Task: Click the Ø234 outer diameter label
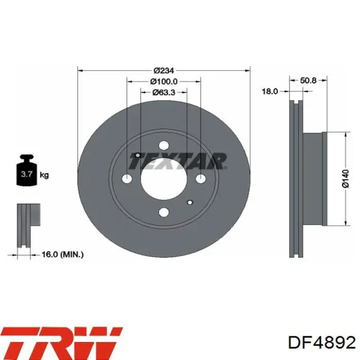(164, 70)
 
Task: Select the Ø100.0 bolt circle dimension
(164, 81)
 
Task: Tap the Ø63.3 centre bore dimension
(164, 92)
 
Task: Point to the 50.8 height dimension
(308, 80)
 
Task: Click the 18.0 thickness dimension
(270, 92)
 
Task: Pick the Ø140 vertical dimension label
(345, 178)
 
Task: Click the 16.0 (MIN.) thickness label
(62, 255)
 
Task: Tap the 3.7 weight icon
(26, 170)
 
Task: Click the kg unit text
(44, 175)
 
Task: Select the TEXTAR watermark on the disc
(178, 161)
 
